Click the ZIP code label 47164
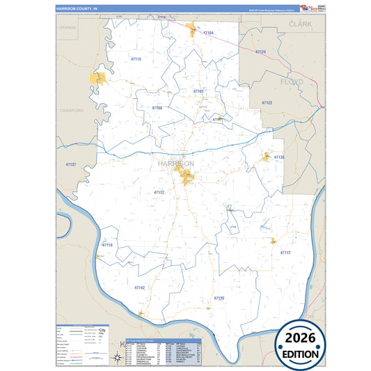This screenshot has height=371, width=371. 208,33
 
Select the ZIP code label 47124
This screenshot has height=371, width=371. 260,52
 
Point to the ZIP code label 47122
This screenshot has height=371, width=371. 267,103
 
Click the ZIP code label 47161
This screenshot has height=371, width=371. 198,91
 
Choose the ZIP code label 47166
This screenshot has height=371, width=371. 157,108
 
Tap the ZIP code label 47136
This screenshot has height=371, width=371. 279,158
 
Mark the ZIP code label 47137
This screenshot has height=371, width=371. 70,164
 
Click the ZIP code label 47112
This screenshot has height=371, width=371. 159,192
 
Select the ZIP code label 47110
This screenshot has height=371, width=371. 107,245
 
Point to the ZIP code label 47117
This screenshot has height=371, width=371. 285,253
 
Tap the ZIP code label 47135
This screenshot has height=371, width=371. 219,298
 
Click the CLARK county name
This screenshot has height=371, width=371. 301,24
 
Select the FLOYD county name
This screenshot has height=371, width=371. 293,81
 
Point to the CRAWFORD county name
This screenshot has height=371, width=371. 72,111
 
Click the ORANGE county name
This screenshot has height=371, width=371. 68,27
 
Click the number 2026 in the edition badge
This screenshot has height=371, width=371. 300,338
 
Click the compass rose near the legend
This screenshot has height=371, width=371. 116,358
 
